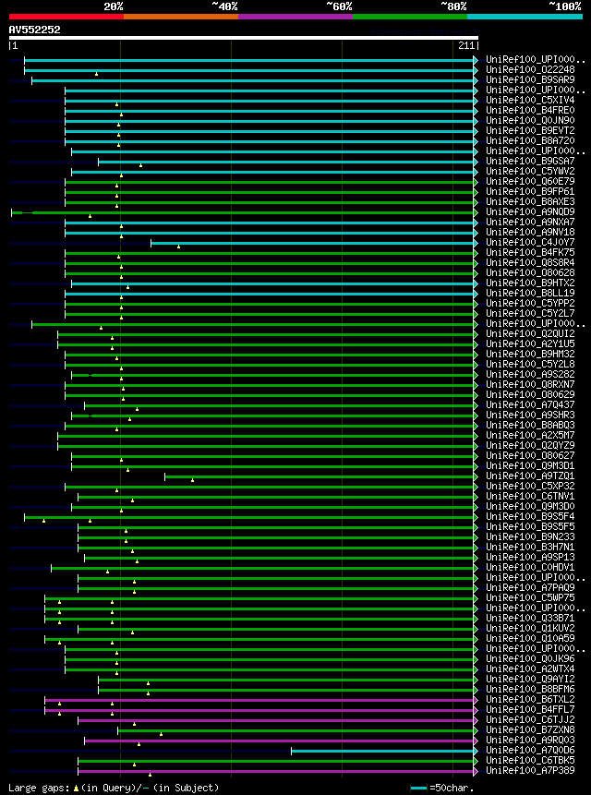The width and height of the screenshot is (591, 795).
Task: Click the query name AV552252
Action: pos(35,30)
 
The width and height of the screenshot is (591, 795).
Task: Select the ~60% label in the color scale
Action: pos(339,6)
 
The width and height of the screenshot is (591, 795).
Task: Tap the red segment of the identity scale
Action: pos(66,16)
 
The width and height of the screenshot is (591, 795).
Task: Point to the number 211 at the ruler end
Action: pos(465,45)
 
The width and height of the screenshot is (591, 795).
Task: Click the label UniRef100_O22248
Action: pos(529,70)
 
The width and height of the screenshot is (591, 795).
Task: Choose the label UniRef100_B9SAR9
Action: pos(529,80)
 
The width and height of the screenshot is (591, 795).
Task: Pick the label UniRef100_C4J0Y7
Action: pos(529,243)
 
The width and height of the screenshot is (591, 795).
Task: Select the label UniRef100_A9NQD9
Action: pos(529,212)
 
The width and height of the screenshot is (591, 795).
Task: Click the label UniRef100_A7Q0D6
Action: pos(529,751)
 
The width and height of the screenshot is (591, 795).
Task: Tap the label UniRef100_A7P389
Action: pos(529,771)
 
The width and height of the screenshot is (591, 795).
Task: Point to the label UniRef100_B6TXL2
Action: pos(529,700)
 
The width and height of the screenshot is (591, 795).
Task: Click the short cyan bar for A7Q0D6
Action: pos(383,751)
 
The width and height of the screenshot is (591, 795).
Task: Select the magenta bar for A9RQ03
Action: pos(277,741)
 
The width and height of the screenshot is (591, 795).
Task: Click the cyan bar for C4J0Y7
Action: pos(314,243)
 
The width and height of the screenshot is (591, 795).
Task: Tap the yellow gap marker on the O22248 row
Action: pos(96,73)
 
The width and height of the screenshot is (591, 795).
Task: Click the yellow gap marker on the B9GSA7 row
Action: pos(140,164)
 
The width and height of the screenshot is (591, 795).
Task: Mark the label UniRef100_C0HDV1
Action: pos(529,568)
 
